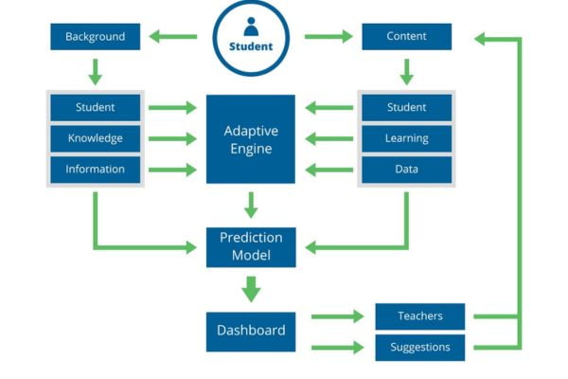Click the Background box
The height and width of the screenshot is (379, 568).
point(95,37)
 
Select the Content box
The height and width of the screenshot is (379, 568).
point(406,37)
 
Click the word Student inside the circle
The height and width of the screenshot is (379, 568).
point(251,46)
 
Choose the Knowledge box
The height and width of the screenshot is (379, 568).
point(95,138)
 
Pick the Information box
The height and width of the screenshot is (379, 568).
point(95,170)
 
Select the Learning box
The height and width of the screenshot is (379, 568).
point(406,138)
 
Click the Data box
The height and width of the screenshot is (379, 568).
point(406,170)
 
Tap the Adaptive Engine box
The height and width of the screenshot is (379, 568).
point(251,138)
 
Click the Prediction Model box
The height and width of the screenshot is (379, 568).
point(251,246)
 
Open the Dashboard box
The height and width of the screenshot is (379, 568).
point(251,331)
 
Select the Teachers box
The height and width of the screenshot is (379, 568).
point(419,316)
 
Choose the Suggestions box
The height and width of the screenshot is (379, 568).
point(419,347)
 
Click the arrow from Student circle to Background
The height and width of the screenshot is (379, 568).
point(174,38)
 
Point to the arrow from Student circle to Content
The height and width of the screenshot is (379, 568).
point(328,38)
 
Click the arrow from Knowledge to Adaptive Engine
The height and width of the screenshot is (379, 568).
point(173,139)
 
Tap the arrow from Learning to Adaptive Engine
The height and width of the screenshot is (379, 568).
point(328,139)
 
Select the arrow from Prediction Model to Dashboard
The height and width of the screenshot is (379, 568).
point(251,288)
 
